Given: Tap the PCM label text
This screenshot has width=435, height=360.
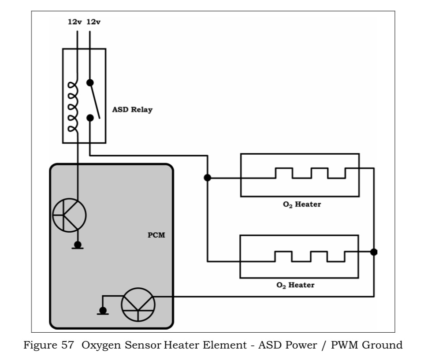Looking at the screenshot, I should [156, 235].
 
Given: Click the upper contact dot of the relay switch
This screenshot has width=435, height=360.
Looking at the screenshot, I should [90, 82].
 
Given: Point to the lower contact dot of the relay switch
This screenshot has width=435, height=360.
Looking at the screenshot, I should [90, 118].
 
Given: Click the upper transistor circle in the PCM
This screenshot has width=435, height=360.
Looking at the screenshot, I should [70, 215].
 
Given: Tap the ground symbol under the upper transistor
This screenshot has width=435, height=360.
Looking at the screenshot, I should [78, 246].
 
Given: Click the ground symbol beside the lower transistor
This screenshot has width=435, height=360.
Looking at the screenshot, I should [103, 312].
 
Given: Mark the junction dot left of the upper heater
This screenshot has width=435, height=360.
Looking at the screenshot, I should [208, 178].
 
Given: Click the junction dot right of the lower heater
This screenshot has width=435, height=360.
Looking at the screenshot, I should [374, 252].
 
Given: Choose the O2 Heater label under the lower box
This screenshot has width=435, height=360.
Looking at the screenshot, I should [295, 285].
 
